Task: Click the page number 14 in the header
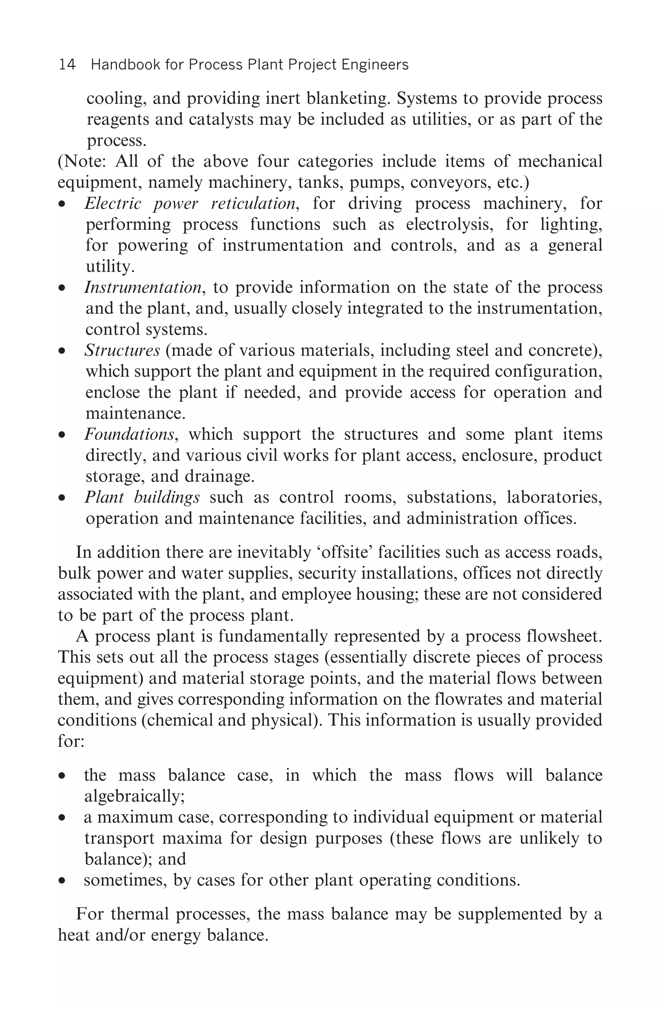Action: click(x=67, y=65)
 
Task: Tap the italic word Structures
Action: click(x=122, y=350)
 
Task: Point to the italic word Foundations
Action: click(x=129, y=434)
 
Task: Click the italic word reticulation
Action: click(x=253, y=204)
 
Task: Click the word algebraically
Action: click(x=134, y=796)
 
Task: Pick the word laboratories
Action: click(x=554, y=497)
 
